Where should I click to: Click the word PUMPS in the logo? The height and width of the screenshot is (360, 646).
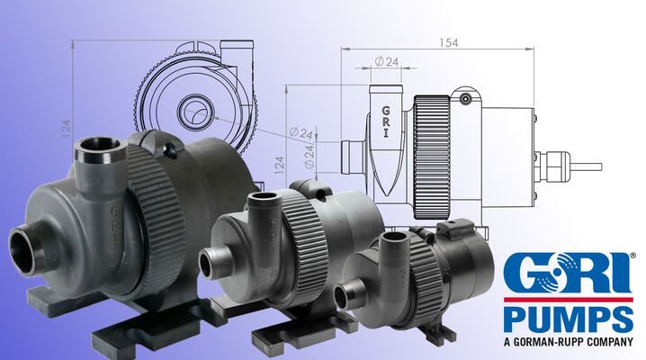569,319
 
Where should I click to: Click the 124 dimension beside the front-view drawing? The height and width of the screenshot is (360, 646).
66,128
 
